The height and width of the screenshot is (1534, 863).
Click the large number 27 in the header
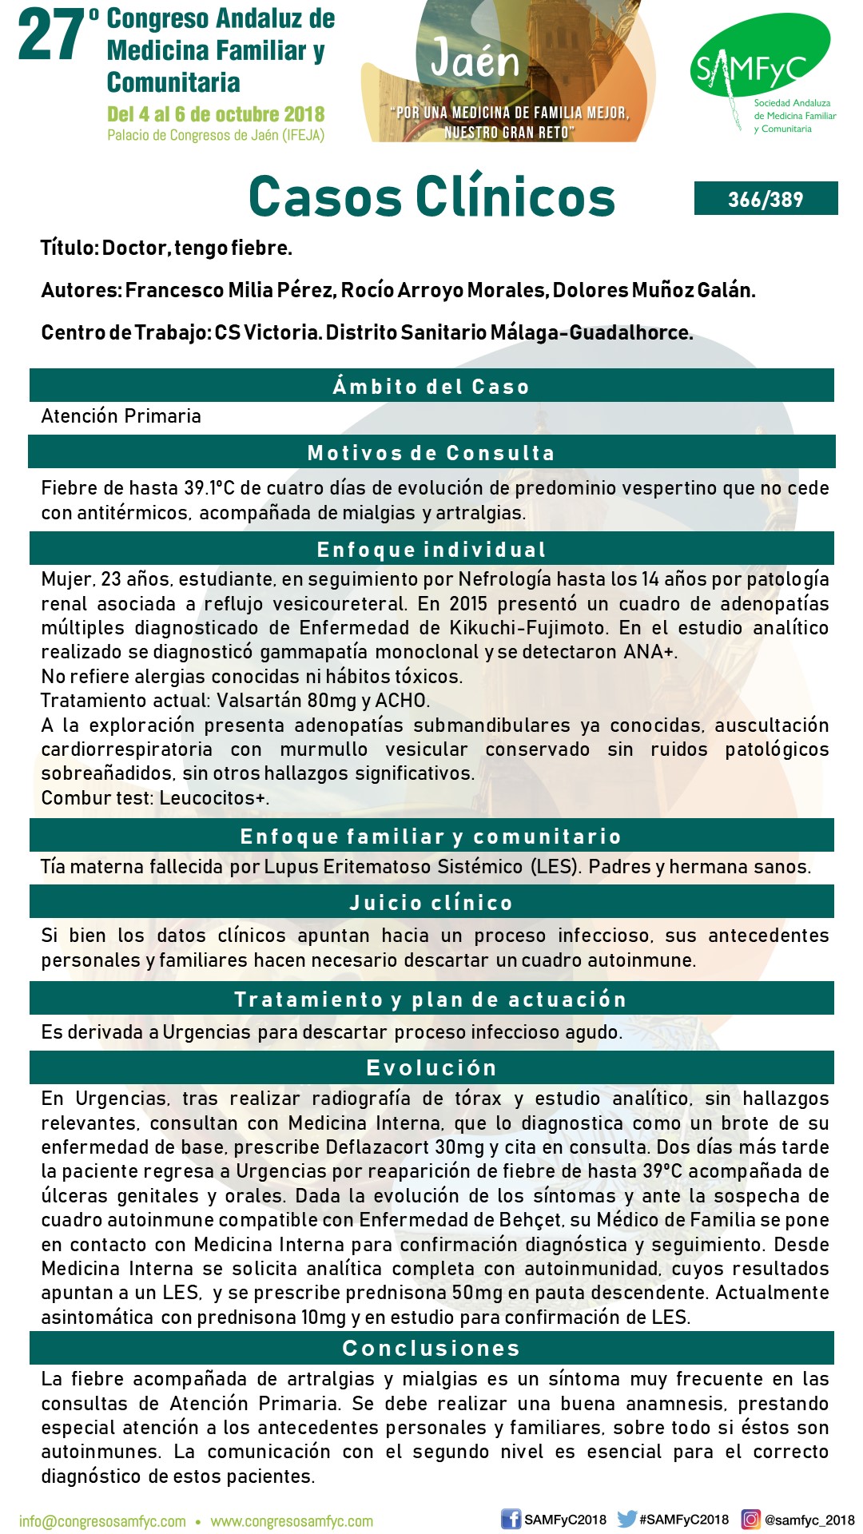pyautogui.click(x=52, y=36)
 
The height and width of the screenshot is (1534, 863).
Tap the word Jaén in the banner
pyautogui.click(x=475, y=60)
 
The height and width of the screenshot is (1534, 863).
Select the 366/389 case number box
pyautogui.click(x=766, y=199)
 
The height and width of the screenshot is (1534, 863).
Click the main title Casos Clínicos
pyautogui.click(x=431, y=197)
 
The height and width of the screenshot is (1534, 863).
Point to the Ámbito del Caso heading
pyautogui.click(x=431, y=387)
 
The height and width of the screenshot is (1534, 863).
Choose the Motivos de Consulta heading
pyautogui.click(x=431, y=453)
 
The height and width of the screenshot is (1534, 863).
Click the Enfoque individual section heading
pyautogui.click(x=431, y=550)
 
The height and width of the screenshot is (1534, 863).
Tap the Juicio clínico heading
pyautogui.click(x=431, y=903)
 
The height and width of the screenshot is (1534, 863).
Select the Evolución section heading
pyautogui.click(x=431, y=1068)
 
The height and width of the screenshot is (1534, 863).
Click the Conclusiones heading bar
pyautogui.click(x=431, y=1349)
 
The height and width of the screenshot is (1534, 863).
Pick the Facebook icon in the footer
pyautogui.click(x=511, y=1520)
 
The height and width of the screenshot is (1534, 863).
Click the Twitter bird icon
pyautogui.click(x=627, y=1519)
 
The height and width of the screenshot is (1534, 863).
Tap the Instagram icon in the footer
pyautogui.click(x=750, y=1520)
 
